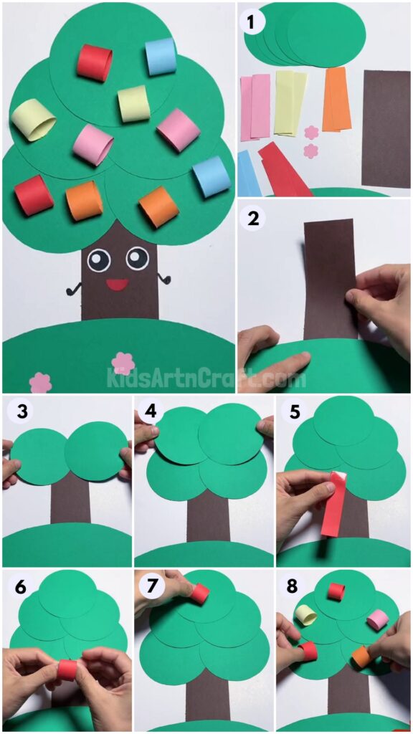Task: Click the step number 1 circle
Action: [x=252, y=22]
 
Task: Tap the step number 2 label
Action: [x=252, y=219]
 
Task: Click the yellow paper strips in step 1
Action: [x=289, y=102]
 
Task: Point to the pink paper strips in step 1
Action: [x=255, y=106]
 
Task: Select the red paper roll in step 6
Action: [x=67, y=670]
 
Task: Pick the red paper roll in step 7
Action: [x=200, y=594]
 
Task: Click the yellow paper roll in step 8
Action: [x=306, y=615]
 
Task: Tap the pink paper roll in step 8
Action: [x=377, y=619]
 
